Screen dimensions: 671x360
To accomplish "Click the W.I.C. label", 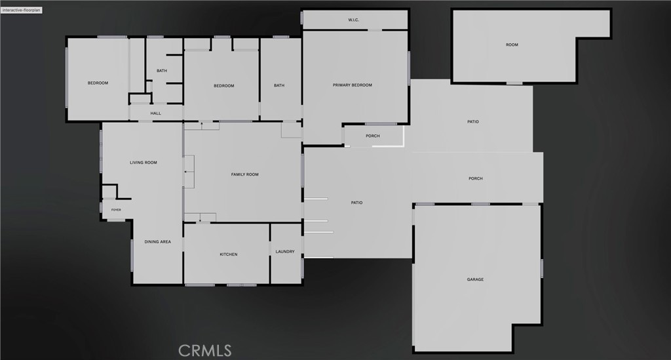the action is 353,20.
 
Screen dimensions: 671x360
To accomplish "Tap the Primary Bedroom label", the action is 352,85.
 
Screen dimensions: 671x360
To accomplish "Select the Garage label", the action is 475,279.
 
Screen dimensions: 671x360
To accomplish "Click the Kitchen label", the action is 229,254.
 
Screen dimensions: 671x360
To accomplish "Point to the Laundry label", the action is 285,252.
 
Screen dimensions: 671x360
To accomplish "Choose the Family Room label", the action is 245,174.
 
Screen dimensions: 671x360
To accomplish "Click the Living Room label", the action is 144,163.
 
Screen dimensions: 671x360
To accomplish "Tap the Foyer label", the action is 116,210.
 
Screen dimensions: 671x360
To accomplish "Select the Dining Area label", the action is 157,242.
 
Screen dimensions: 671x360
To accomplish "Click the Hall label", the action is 156,113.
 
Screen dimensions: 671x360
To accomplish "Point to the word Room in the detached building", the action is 512,45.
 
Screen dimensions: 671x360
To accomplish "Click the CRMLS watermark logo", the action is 204,351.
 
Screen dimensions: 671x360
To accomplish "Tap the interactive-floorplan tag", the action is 22,10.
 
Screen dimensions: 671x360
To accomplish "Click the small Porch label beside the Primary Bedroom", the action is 373,136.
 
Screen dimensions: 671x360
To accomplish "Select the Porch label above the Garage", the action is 476,178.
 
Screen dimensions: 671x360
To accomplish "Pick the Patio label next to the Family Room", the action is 356,203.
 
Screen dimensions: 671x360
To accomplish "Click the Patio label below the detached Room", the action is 473,122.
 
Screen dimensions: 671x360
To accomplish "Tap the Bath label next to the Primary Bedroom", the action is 279,86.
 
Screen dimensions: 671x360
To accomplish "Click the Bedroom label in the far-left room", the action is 98,83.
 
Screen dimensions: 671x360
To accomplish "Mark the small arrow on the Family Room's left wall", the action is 185,172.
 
